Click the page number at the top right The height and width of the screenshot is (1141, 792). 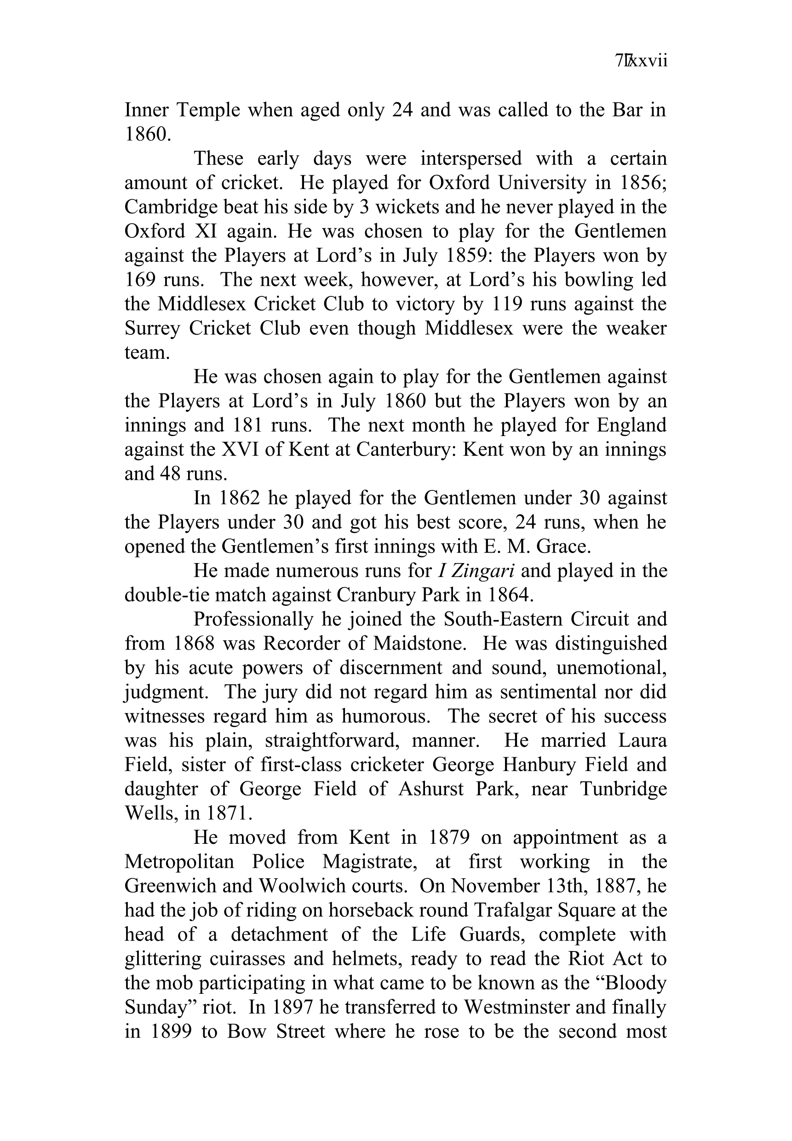[x=641, y=61]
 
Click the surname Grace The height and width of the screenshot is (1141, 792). [x=565, y=547]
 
